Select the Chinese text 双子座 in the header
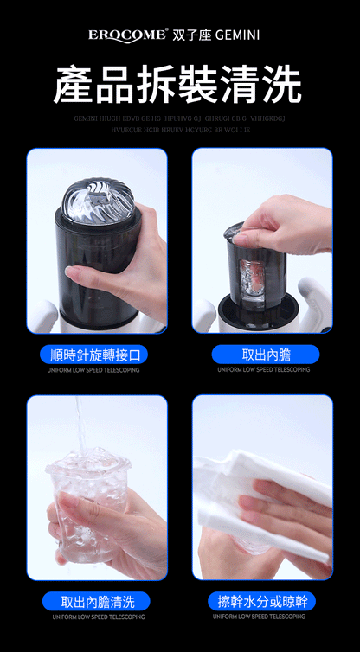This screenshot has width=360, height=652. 191,35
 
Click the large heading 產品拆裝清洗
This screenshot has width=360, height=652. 179,85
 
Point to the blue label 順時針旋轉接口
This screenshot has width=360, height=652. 94,355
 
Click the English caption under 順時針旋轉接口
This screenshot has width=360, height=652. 94,370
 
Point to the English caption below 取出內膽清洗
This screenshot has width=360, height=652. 94,617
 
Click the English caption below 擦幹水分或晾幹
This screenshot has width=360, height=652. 262,617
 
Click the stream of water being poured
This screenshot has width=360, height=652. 80,424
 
